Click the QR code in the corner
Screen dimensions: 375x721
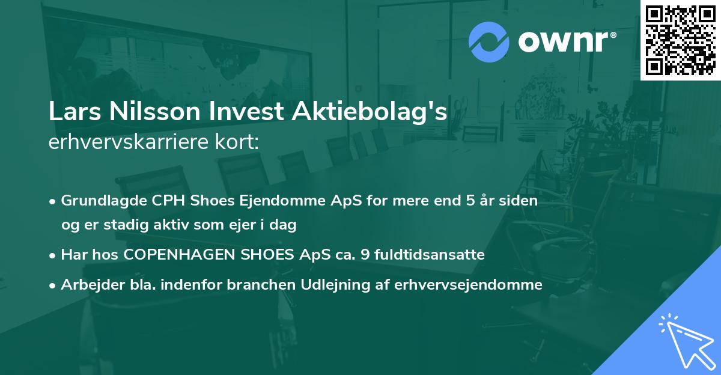(680, 40)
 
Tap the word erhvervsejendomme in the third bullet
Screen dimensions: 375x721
(469, 285)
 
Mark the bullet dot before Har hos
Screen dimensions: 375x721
(53, 255)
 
